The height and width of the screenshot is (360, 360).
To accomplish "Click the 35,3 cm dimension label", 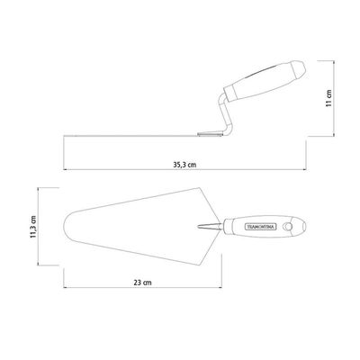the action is (x=185, y=165).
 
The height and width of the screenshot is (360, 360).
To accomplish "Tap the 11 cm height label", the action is (x=329, y=98).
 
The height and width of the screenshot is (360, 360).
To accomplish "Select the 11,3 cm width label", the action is (x=33, y=227).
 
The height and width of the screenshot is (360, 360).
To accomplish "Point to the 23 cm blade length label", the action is (x=142, y=283).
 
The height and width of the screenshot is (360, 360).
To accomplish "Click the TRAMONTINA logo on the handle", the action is (x=260, y=227).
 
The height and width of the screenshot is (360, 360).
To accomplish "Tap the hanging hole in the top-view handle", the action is (x=289, y=227).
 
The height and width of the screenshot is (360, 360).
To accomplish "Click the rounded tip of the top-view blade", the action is (x=65, y=227).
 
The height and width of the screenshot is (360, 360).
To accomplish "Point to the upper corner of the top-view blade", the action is (x=198, y=188).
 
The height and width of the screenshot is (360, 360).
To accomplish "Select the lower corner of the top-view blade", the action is (x=198, y=265).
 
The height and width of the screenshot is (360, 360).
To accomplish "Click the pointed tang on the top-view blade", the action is (x=210, y=227).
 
